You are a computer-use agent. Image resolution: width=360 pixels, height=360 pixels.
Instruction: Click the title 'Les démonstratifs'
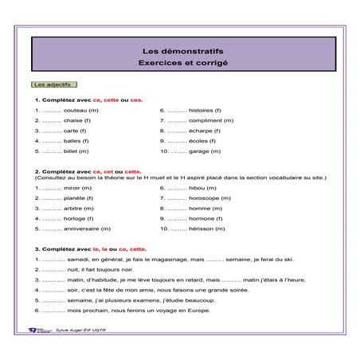pos(180,52)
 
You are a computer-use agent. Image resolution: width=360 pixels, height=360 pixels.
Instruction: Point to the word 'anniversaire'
pos(82,229)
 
